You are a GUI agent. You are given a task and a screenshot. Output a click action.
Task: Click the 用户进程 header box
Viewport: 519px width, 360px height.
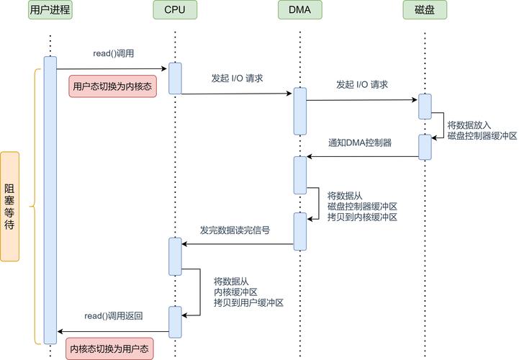click(50, 9)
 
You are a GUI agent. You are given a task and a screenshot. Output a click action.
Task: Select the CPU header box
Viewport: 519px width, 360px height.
click(174, 9)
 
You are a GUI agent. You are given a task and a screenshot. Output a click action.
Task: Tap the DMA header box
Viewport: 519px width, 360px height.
click(299, 9)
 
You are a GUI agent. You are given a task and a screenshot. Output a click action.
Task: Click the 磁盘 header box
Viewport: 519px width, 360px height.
click(425, 9)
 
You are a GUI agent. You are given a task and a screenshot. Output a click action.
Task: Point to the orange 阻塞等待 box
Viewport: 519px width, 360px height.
click(9, 206)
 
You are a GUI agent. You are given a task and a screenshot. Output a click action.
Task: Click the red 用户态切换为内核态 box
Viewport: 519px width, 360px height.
click(112, 86)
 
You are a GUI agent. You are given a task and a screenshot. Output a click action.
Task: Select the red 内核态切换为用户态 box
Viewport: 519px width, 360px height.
click(109, 348)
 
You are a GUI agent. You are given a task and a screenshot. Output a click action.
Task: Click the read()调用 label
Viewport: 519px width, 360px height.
click(114, 54)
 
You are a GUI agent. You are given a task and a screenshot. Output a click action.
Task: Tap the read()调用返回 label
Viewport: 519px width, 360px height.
click(113, 316)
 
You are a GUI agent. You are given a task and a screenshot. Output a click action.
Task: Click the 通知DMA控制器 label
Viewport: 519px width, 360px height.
click(360, 143)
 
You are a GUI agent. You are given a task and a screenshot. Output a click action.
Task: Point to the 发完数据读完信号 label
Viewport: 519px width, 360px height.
click(235, 230)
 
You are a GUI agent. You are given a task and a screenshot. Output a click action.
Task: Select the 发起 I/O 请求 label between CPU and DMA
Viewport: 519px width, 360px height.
click(237, 78)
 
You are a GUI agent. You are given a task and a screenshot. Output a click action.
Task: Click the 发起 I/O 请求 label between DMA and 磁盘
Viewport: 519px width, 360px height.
click(361, 84)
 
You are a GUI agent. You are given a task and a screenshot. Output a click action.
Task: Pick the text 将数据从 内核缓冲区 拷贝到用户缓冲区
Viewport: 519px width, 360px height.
click(248, 292)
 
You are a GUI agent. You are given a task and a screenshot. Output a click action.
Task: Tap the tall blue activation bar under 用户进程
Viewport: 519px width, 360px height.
click(50, 200)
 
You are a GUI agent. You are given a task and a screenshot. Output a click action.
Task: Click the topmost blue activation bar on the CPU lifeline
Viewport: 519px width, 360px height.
click(175, 78)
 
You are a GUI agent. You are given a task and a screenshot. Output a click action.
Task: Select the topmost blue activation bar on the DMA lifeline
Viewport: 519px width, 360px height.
click(299, 111)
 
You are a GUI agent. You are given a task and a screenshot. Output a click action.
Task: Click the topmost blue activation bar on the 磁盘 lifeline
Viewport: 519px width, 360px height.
click(425, 106)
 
